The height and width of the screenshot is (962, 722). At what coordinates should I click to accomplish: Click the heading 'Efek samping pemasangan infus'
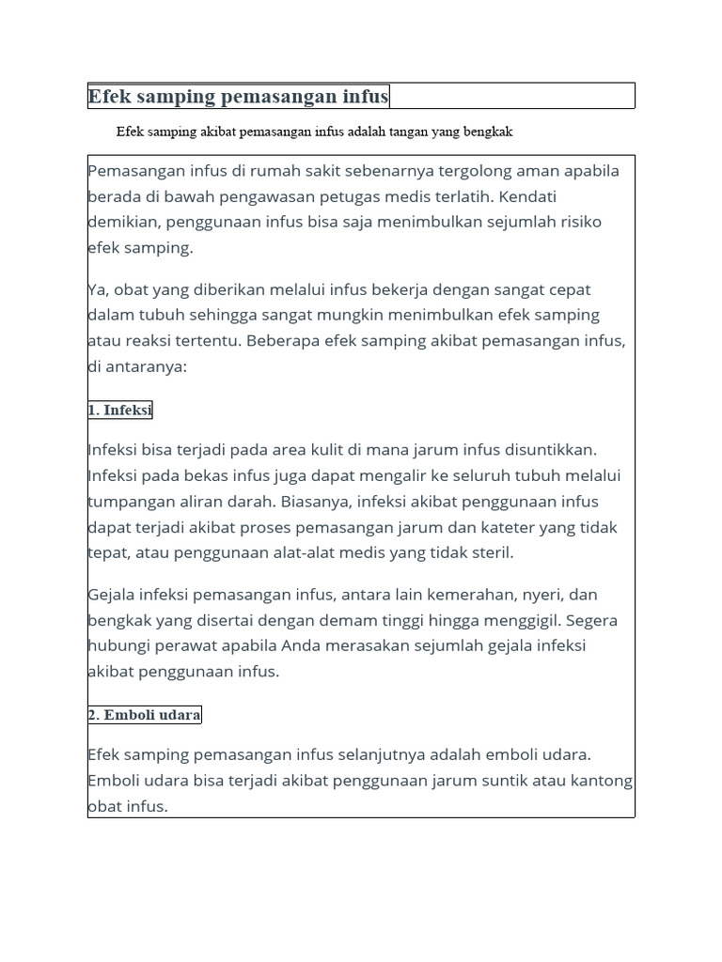tap(238, 97)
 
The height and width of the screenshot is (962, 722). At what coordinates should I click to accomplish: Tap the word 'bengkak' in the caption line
tap(486, 132)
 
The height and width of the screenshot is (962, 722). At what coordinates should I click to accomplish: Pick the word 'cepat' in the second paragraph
tap(565, 289)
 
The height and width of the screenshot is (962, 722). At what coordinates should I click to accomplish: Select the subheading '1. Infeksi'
tap(120, 411)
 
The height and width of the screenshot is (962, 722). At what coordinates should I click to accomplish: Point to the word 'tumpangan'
tap(127, 502)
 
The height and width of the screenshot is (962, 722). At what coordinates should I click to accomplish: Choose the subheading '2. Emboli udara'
tap(145, 715)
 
